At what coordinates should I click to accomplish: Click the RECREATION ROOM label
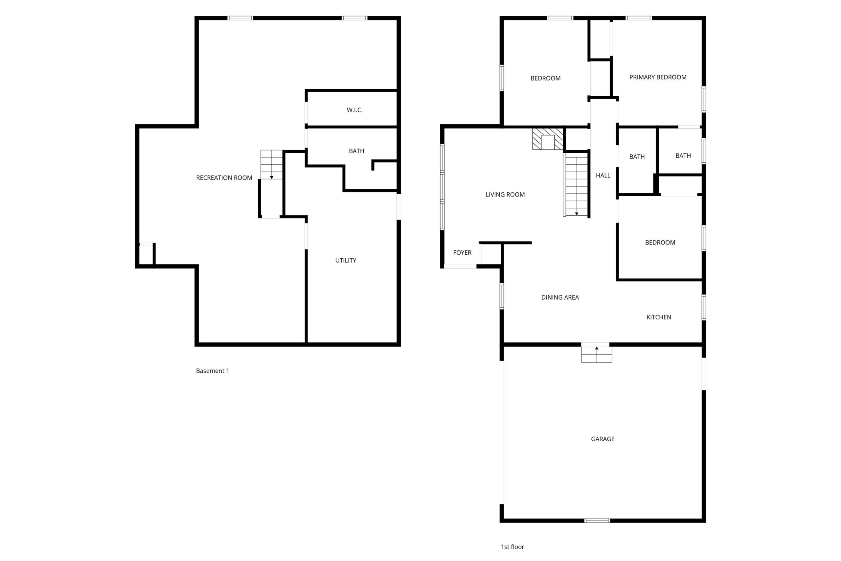pyautogui.click(x=224, y=178)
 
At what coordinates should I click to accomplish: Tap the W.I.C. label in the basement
pyautogui.click(x=354, y=110)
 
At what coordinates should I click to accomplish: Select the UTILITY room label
pyautogui.click(x=345, y=261)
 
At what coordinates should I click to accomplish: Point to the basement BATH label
pyautogui.click(x=356, y=151)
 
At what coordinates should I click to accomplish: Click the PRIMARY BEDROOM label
pyautogui.click(x=658, y=77)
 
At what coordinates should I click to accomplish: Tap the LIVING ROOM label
pyautogui.click(x=505, y=195)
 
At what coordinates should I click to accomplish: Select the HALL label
pyautogui.click(x=603, y=175)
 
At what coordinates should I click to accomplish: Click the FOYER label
pyautogui.click(x=462, y=253)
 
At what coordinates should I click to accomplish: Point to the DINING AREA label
pyautogui.click(x=559, y=297)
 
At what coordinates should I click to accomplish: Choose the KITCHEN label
pyautogui.click(x=658, y=317)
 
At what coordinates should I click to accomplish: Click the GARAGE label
pyautogui.click(x=602, y=439)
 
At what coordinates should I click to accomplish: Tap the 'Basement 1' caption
pyautogui.click(x=213, y=371)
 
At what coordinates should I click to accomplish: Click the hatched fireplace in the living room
pyautogui.click(x=547, y=139)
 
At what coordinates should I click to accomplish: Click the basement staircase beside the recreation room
pyautogui.click(x=271, y=165)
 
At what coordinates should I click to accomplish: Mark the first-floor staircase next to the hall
pyautogui.click(x=576, y=185)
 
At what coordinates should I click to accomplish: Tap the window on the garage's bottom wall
pyautogui.click(x=597, y=521)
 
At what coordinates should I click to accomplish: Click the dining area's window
pyautogui.click(x=502, y=296)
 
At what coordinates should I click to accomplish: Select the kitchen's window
pyautogui.click(x=703, y=307)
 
